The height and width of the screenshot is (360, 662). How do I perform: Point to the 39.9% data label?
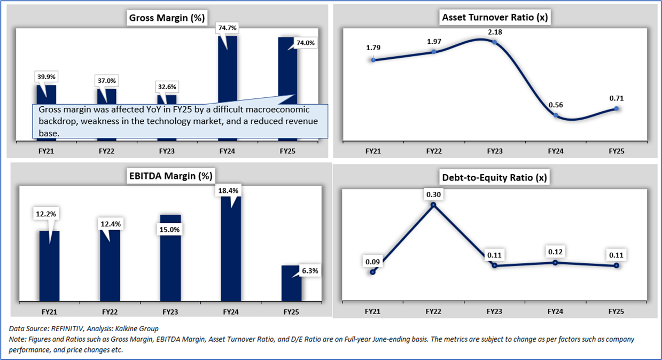tap(46, 76)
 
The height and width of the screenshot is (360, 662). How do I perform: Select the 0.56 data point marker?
tap(556, 115)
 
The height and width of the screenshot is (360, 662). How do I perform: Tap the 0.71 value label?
tap(617, 98)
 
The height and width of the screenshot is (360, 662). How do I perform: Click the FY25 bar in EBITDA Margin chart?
tap(291, 283)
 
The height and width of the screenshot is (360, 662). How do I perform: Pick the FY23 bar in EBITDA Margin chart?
tap(170, 256)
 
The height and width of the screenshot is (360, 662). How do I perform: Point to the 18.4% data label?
tap(231, 190)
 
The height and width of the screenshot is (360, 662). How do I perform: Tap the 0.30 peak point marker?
tap(433, 205)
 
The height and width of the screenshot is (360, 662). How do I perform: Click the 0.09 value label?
tap(372, 262)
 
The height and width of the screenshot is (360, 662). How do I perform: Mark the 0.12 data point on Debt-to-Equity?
tap(556, 262)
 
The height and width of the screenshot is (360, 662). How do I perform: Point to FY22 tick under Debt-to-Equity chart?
tap(433, 310)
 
